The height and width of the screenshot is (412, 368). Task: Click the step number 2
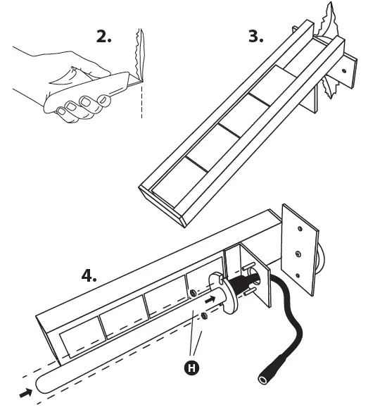[103, 36]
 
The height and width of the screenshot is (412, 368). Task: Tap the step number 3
[255, 36]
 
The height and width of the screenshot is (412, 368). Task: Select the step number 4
[89, 275]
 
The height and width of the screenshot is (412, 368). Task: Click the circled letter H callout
[191, 368]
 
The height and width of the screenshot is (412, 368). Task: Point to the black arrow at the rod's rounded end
[26, 393]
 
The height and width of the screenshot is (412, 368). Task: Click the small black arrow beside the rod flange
[210, 299]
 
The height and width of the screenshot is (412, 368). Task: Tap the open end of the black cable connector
[263, 380]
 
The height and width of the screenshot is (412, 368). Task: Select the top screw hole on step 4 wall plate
[300, 229]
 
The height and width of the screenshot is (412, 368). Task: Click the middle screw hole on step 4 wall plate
[298, 254]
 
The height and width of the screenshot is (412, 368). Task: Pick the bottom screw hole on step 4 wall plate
[298, 275]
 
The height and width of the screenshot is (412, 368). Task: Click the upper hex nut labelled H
[193, 293]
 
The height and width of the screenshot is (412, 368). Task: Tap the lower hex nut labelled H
[203, 316]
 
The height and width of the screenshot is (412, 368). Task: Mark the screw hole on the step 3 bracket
[344, 70]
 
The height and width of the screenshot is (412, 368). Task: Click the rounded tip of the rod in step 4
[37, 385]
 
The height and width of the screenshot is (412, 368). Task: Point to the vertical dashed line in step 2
[141, 100]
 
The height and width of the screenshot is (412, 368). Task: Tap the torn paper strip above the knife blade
[139, 54]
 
